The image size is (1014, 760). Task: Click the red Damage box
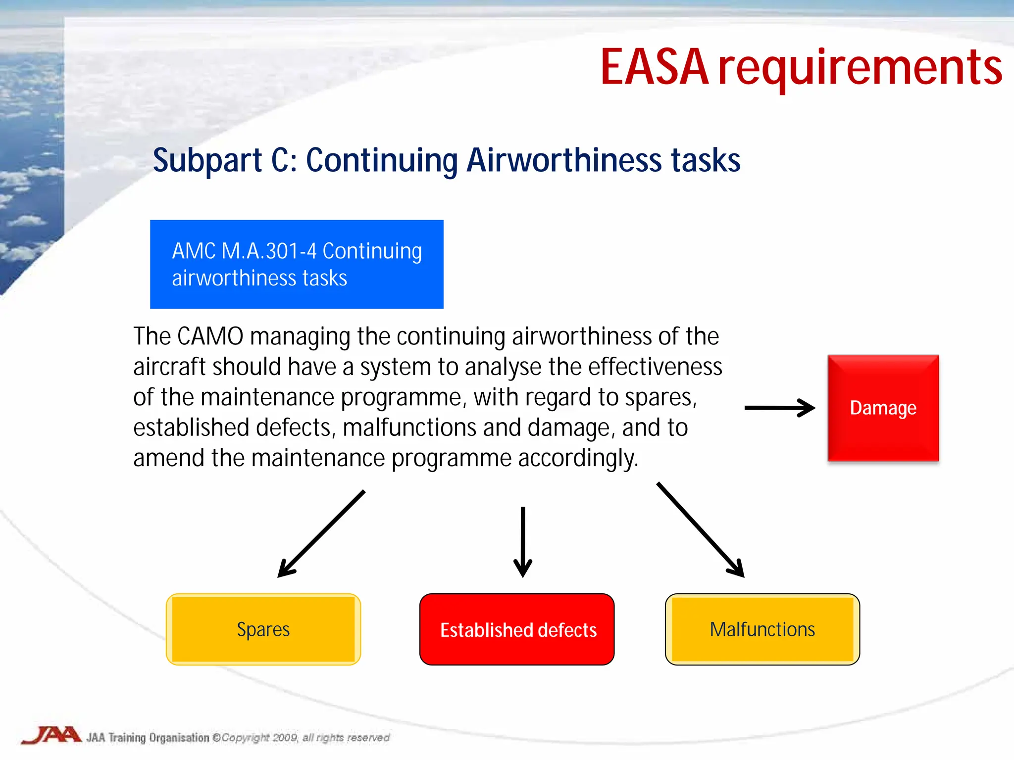point(883,408)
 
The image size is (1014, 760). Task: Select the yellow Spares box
point(263,629)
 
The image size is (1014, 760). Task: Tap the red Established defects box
point(517,629)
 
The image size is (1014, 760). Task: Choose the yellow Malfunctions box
point(762,629)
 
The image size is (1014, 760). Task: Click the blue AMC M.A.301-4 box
point(297,264)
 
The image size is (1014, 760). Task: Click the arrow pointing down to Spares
point(321,534)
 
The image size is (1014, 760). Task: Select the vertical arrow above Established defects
point(523,542)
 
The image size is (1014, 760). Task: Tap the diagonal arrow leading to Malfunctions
point(700,529)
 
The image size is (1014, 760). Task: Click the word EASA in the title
point(654,67)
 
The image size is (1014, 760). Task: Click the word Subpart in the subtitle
point(207,161)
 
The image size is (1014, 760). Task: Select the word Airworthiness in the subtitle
point(564,160)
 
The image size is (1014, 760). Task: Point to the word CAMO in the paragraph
point(210,336)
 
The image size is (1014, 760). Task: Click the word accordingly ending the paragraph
point(578,458)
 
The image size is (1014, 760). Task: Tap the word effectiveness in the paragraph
point(655,367)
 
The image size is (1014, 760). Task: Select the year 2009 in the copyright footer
point(285,738)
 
